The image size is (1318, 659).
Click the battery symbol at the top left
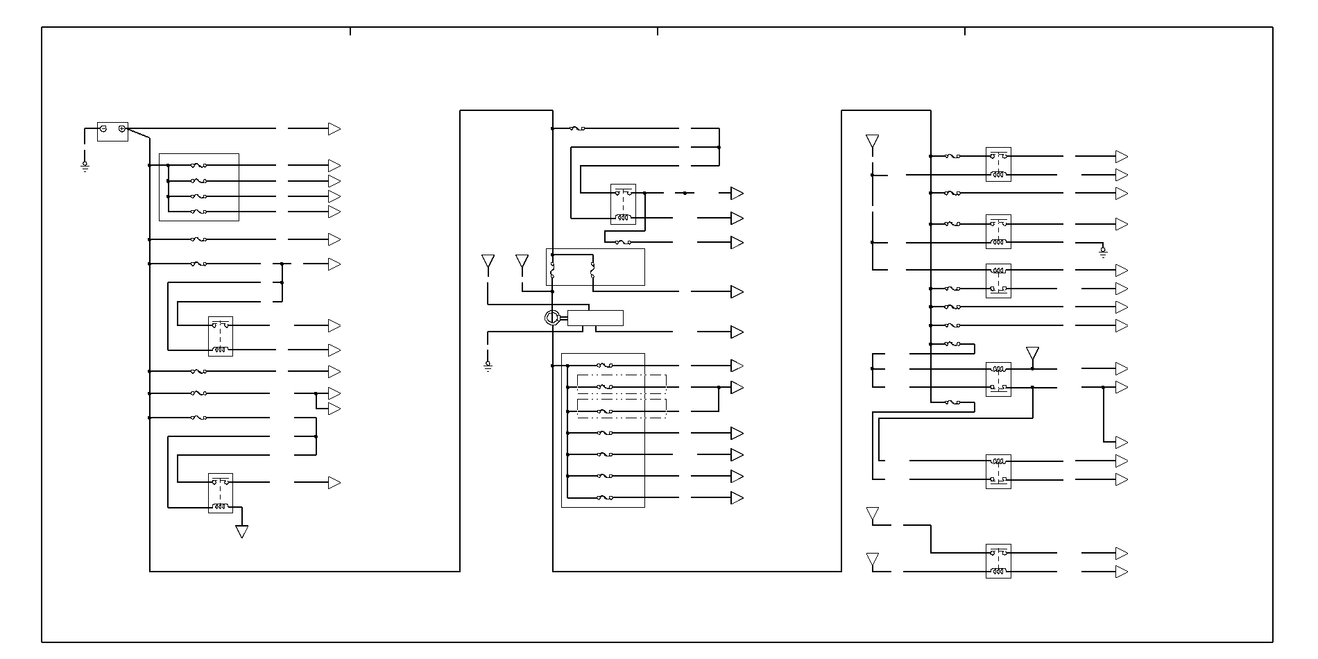112,131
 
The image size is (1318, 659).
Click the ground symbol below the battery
85,167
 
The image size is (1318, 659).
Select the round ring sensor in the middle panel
552,318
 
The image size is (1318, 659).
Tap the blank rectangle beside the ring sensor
595,318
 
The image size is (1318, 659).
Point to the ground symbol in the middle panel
488,366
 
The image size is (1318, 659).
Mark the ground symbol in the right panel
1103,253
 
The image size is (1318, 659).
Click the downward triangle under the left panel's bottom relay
242,532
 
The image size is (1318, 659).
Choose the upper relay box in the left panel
221,336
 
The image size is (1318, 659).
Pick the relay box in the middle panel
623,204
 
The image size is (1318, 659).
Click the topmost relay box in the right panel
998,164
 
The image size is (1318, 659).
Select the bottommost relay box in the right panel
998,561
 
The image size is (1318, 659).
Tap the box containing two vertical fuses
595,267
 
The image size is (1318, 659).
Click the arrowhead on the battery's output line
334,129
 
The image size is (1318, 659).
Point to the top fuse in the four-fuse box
199,165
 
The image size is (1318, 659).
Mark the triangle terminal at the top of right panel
873,142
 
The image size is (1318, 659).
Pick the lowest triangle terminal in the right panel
873,559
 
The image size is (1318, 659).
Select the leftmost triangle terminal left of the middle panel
488,262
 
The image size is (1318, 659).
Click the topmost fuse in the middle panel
576,128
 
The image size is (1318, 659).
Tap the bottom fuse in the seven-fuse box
605,497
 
